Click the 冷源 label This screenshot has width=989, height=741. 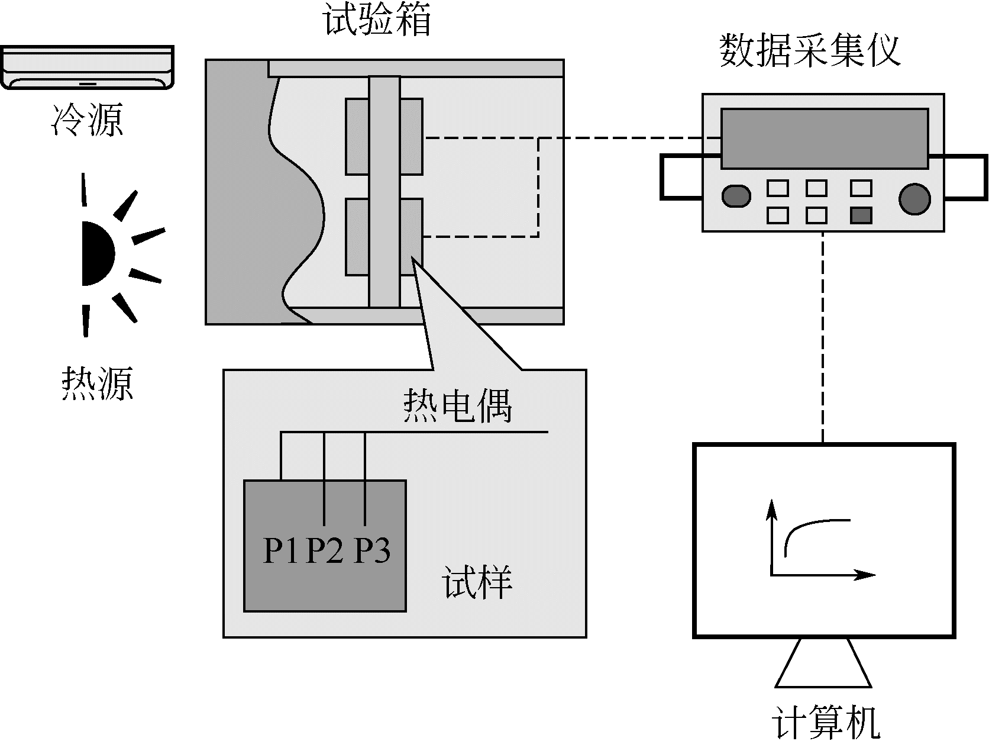click(88, 120)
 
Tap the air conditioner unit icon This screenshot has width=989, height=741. click(87, 67)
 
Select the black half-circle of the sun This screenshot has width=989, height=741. click(96, 253)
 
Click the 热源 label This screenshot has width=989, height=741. click(97, 384)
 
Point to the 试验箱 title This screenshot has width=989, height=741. click(377, 19)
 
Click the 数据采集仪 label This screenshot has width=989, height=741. click(809, 51)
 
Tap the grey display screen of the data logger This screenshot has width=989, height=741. click(824, 139)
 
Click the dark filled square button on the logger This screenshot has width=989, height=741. click(861, 215)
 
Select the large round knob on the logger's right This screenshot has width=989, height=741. click(914, 198)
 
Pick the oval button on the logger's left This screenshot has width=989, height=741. click(736, 196)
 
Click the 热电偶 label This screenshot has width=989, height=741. click(457, 405)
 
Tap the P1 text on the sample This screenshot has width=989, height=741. click(280, 550)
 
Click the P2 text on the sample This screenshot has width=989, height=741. click(325, 550)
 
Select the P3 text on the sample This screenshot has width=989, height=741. click(372, 550)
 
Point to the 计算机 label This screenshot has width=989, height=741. click(826, 721)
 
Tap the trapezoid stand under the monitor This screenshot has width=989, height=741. click(823, 663)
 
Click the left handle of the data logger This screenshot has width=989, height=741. click(680, 176)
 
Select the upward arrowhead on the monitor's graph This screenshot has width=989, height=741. click(771, 508)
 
